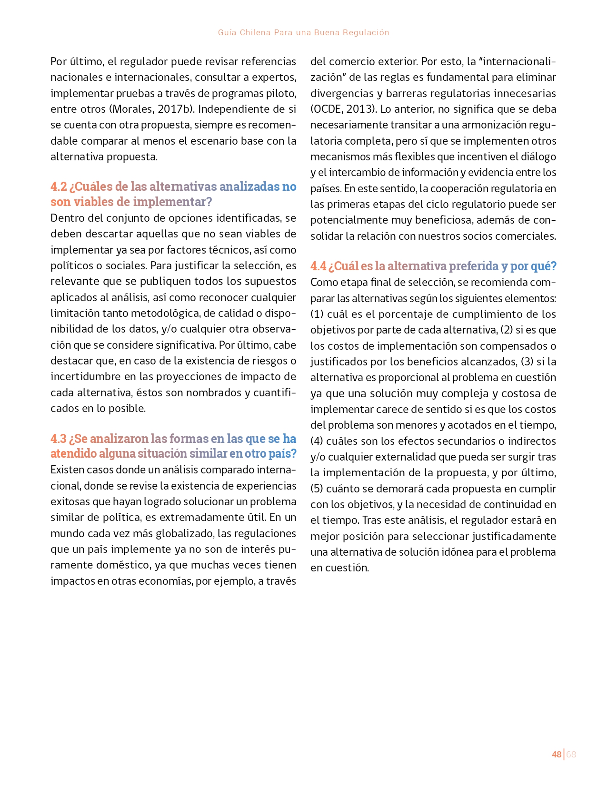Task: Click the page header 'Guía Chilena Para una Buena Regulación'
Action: point(303,32)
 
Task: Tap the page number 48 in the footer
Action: point(556,754)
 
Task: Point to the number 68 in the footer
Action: point(571,754)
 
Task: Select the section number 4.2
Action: point(59,186)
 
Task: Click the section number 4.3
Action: point(59,438)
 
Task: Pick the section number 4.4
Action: point(318,266)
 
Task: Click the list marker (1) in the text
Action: point(317,314)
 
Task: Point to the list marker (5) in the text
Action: point(317,489)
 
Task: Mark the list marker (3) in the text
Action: point(527,362)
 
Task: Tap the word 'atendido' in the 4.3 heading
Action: point(73,453)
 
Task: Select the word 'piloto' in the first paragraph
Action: point(281,93)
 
